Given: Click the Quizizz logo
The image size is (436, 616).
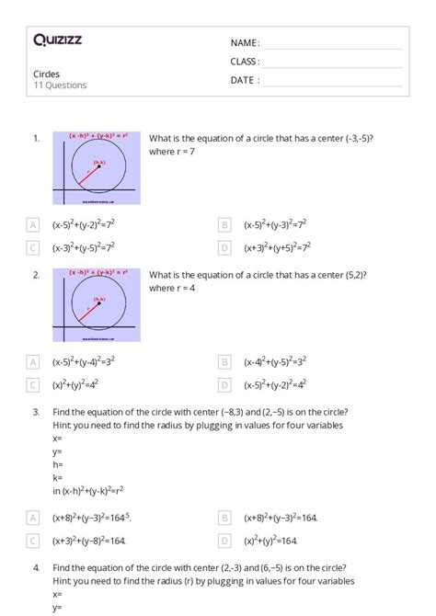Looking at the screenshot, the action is coord(57,40).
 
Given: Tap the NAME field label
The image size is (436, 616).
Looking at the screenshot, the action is coord(245,43).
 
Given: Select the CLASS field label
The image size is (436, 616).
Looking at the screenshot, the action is coord(246,62).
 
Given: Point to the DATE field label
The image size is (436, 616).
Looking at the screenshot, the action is coord(245,80).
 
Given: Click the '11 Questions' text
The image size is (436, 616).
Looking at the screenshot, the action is coord(60,86).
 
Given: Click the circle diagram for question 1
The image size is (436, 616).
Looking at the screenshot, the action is coord(97,168).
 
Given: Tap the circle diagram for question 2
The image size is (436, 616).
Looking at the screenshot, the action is coord(97,305).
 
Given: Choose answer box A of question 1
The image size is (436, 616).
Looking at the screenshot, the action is coord(33,223).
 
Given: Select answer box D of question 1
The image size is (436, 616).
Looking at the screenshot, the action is coord(224,246).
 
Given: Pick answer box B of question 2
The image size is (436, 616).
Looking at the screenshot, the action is coord(224,361).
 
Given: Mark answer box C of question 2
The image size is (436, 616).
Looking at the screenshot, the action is coord(33,384).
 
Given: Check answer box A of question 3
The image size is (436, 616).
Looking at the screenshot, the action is coord(33,518).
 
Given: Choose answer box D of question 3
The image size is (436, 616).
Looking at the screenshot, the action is coord(224,541).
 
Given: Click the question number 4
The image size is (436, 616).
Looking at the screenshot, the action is coord(36,568).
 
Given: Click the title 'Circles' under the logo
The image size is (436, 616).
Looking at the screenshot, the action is coord(48,74).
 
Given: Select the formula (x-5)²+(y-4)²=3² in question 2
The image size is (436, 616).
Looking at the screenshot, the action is coord(84,361).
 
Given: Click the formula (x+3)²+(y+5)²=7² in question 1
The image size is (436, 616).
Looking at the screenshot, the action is coord(277,246).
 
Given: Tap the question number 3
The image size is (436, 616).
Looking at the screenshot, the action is coord(36,413).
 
